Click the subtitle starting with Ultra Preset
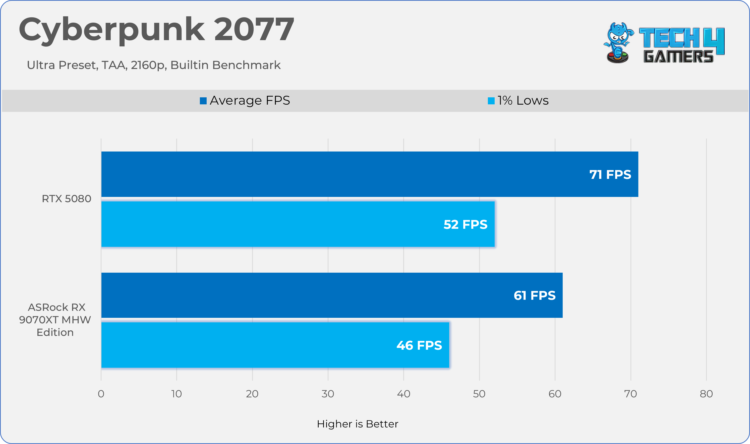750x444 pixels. [x=154, y=65]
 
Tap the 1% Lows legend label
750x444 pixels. [x=523, y=101]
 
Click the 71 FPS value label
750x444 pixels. [x=610, y=174]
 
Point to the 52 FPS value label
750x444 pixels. [x=465, y=225]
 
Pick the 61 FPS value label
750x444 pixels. [x=534, y=295]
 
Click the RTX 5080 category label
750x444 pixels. [x=67, y=199]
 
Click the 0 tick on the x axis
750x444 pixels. [x=101, y=394]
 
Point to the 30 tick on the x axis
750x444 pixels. [x=328, y=394]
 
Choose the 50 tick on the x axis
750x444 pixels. [x=479, y=394]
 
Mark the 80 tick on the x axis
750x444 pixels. [x=706, y=394]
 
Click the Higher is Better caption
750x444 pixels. [x=358, y=424]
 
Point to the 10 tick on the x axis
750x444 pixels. [x=177, y=394]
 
